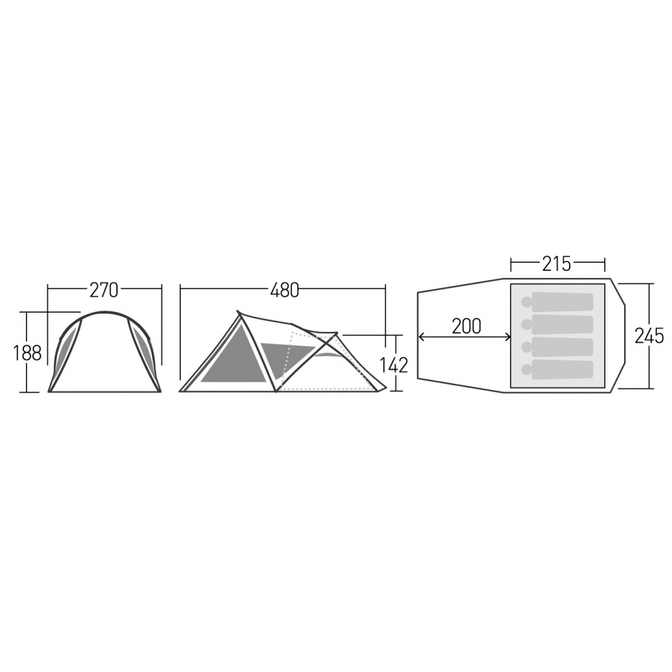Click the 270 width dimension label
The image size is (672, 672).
[104, 290]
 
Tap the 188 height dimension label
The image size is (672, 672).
[27, 353]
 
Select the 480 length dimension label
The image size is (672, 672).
[285, 290]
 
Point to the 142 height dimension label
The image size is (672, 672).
[393, 365]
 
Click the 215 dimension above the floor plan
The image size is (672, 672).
[556, 264]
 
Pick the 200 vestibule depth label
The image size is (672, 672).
[466, 326]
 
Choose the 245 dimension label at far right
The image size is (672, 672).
[649, 336]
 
